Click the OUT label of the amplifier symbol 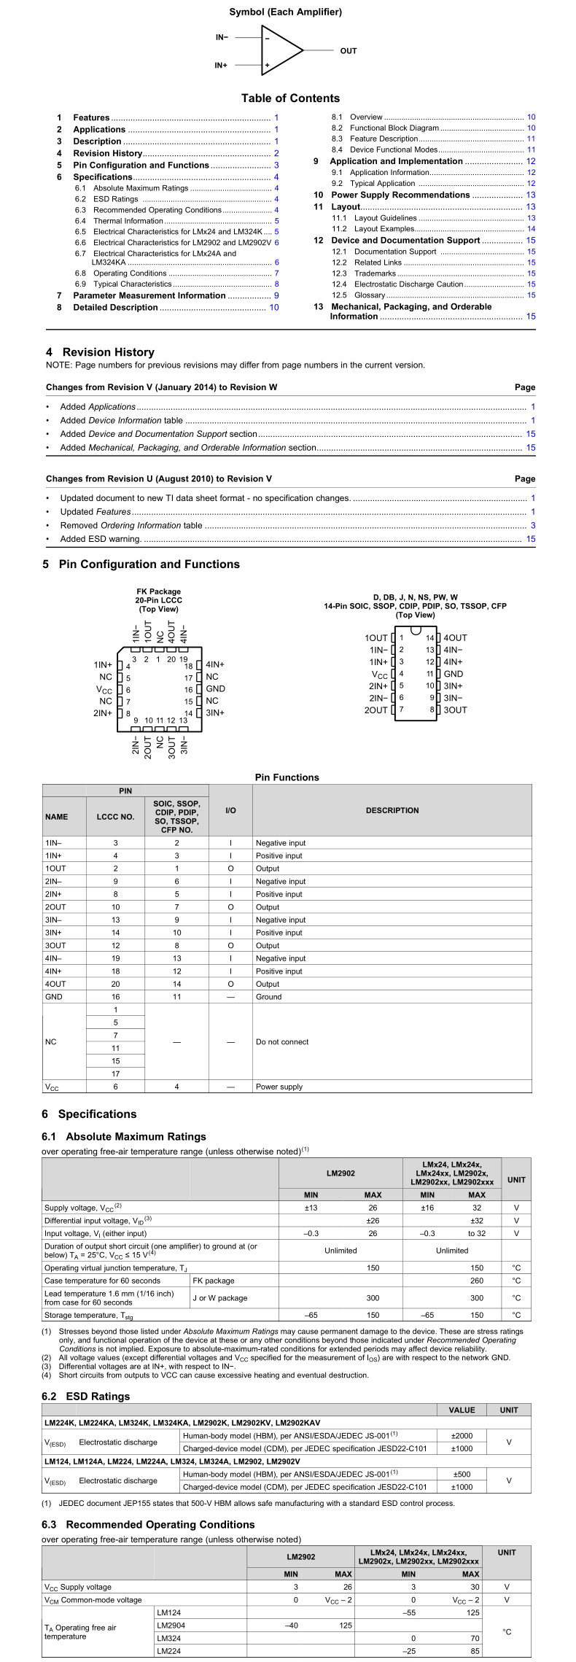pos(349,51)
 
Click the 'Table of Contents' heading pos(290,98)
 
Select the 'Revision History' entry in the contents pos(107,153)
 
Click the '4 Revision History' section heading pos(100,352)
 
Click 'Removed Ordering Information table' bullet pos(131,525)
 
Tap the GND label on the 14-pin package pos(454,674)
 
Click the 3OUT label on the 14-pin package pos(456,710)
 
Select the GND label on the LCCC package pos(215,688)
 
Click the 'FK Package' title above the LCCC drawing pos(158,591)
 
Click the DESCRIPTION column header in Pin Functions pos(392,810)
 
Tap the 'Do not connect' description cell pos(281,1042)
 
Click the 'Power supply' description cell pos(279,1087)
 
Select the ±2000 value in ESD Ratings pos(462,1436)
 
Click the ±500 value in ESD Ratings pos(462,1475)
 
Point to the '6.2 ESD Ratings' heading pos(86,1397)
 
